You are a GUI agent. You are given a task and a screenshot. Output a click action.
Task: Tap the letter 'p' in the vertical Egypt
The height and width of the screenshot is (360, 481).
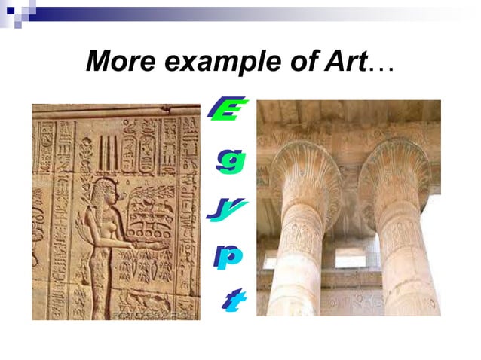tap(228, 256)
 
